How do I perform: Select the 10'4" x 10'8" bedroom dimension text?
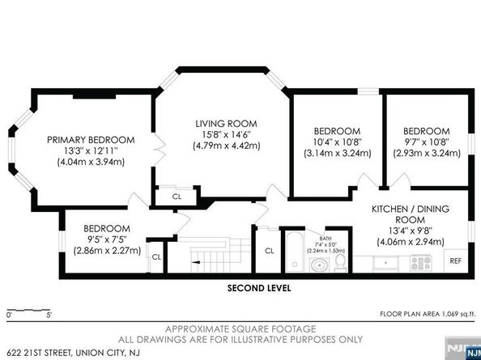(337, 143)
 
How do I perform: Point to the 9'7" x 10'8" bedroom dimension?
(426, 143)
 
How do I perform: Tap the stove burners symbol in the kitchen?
(422, 262)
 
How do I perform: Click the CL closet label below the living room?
(177, 197)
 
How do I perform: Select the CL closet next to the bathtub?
(269, 250)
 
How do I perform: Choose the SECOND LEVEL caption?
(258, 288)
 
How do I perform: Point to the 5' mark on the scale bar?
(49, 314)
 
